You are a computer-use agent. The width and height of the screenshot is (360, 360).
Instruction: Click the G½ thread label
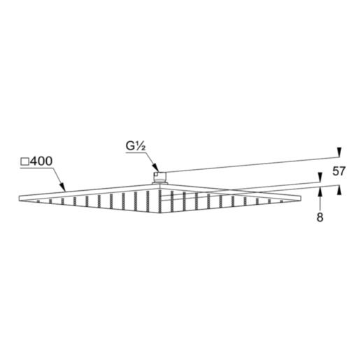[134, 147]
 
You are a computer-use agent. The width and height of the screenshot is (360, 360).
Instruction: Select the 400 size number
[42, 161]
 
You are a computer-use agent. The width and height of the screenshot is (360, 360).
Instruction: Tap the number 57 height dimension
[339, 171]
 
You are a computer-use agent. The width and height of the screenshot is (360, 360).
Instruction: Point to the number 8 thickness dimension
[319, 217]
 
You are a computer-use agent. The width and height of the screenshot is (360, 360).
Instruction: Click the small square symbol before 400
[24, 161]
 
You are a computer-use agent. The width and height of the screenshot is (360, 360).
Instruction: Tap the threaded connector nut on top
[161, 175]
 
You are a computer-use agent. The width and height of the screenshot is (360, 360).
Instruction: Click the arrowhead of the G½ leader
[157, 168]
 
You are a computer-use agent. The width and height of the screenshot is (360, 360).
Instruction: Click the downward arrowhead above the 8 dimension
[319, 177]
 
